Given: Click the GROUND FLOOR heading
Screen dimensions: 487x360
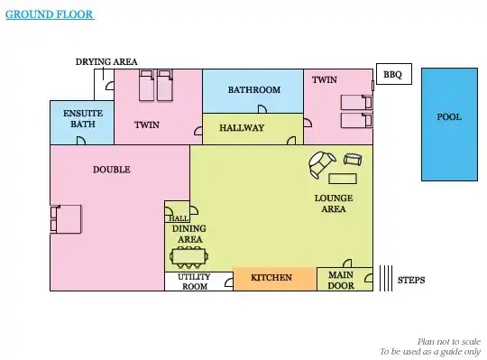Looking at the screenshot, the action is point(50,14).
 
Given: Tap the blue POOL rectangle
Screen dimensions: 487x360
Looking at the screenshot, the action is point(449,125).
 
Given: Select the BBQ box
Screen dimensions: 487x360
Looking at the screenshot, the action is point(394,74).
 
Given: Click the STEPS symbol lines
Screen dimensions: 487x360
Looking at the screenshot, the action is point(386,278).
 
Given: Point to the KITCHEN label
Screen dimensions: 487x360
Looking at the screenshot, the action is point(271,277).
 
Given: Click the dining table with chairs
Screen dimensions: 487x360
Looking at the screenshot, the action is point(188,257).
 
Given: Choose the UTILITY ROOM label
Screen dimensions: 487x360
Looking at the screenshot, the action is point(194,282).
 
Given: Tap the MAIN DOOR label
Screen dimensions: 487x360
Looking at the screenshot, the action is point(341,281).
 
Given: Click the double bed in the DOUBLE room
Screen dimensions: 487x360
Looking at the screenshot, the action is point(66,219).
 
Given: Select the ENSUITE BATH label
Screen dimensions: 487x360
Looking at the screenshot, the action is point(83,119).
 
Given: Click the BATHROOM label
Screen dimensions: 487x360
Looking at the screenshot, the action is point(254,89).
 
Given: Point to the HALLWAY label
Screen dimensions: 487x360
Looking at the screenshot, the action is point(242,127).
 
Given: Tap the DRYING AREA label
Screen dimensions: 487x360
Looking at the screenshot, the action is point(106,62).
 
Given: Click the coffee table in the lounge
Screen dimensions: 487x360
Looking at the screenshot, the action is point(343,179).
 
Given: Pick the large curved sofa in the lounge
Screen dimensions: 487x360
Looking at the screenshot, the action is point(321,164).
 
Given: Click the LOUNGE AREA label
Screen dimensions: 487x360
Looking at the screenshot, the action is point(334,203).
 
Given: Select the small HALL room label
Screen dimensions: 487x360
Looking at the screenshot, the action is point(179,218).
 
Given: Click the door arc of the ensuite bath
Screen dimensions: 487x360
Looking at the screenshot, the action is point(82,140).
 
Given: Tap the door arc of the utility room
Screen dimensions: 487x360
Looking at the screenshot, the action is point(229,282).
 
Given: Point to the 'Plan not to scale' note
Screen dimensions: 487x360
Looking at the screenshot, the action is point(449,342).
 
